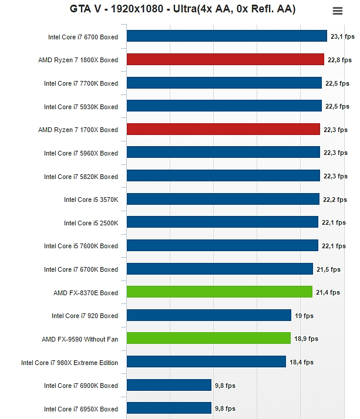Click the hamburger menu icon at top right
[x=337, y=11]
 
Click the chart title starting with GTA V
[x=183, y=9]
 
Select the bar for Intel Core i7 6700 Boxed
[x=227, y=36]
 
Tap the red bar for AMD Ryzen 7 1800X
[x=225, y=59]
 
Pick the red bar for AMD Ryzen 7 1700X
[x=223, y=129]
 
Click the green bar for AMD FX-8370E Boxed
[x=219, y=292]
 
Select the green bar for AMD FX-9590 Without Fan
[x=208, y=339]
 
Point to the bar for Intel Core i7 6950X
[x=169, y=408]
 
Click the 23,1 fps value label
[x=342, y=36]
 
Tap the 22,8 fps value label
[x=339, y=60]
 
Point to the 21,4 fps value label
[x=328, y=292]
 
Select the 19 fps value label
[x=304, y=316]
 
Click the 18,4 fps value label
[x=301, y=363]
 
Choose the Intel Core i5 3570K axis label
[x=91, y=200]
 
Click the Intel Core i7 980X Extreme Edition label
[x=69, y=363]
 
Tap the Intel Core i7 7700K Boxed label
[x=81, y=83]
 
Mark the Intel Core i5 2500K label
[x=91, y=223]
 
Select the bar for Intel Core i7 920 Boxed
[x=208, y=315]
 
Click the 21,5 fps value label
[x=328, y=269]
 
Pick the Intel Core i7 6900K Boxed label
[x=81, y=386]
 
